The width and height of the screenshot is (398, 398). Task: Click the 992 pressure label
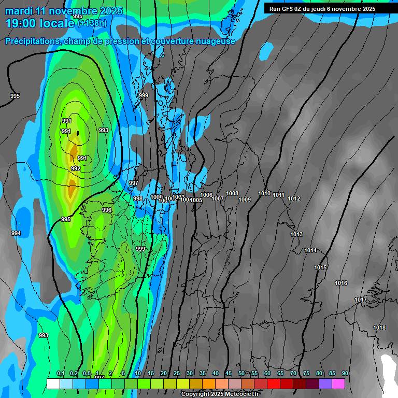point(76,168)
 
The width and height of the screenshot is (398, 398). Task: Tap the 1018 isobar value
point(379,328)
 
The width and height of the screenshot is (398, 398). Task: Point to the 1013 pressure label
point(296,234)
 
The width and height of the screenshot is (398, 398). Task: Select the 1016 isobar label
point(341,283)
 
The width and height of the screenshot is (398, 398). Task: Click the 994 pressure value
point(16,233)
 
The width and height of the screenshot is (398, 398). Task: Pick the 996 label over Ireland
point(107,210)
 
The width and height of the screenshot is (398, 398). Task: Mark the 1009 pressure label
point(245,200)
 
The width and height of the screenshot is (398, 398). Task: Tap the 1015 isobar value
point(320,267)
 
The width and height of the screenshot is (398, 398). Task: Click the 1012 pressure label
point(294,198)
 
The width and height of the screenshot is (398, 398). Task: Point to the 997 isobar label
point(134,183)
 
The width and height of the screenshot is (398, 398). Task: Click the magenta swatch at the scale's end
point(338,383)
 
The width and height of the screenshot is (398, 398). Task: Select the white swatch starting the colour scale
point(53,383)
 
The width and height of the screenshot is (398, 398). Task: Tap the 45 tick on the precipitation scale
point(229,374)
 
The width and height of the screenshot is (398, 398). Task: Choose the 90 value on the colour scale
point(345,374)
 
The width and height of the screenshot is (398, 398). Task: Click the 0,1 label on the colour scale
point(60,374)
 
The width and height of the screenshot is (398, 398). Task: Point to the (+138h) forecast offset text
point(92,23)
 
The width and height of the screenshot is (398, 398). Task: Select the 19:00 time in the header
point(21,23)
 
